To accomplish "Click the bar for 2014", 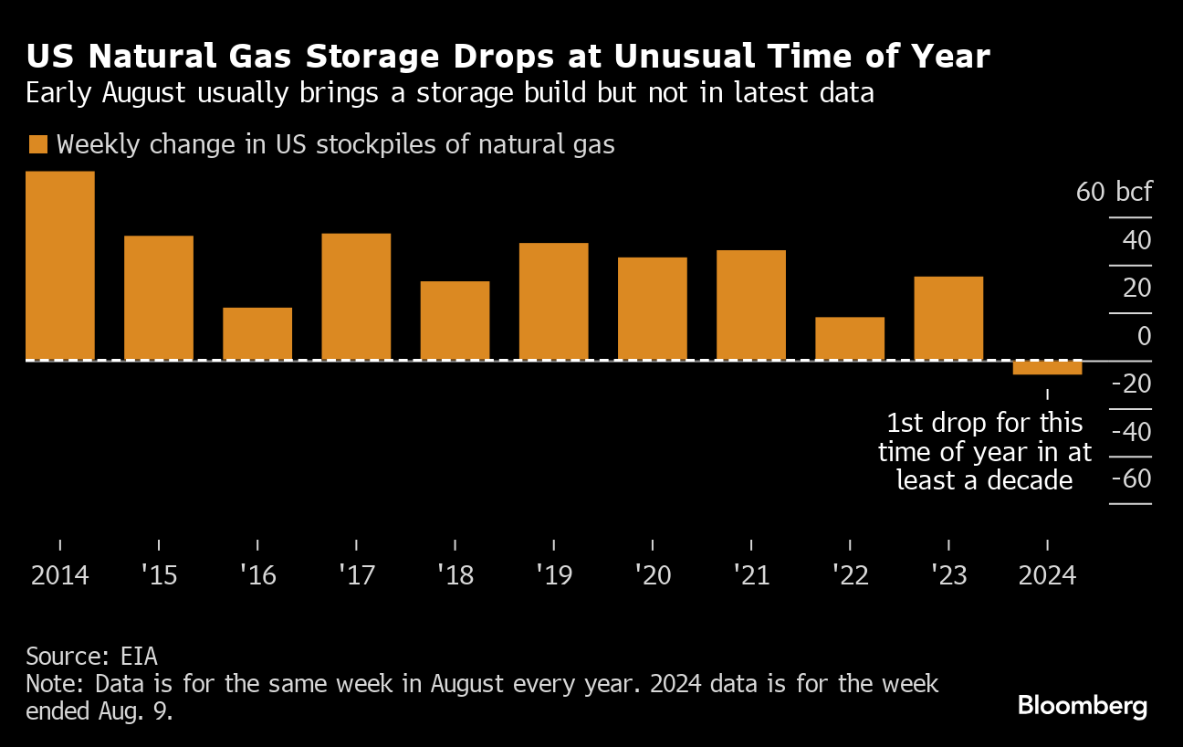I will point(60,266).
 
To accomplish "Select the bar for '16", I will point(257,333).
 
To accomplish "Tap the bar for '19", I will point(553,301).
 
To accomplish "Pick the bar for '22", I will point(850,338).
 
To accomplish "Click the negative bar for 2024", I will point(1047,367).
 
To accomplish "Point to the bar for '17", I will point(356,297).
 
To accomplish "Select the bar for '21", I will point(750,305).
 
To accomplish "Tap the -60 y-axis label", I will point(1130,479).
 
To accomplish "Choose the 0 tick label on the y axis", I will point(1143,336).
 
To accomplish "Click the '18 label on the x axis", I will point(455,576).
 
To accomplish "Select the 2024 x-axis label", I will point(1047,576).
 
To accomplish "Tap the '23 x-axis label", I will point(948,576).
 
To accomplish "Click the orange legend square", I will point(37,144).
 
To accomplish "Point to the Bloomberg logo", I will point(1083,706).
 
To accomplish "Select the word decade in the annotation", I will point(1030,479).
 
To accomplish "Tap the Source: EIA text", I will point(92,656).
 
